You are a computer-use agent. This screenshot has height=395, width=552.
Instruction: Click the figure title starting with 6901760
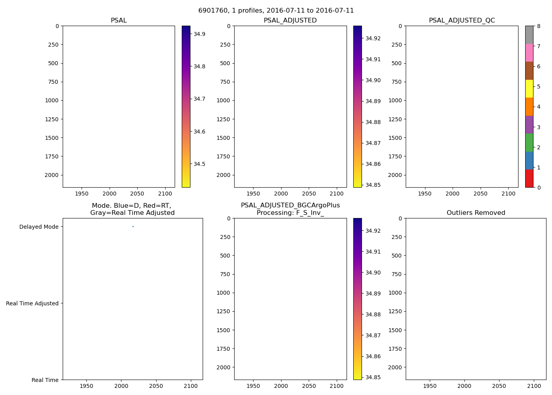276,11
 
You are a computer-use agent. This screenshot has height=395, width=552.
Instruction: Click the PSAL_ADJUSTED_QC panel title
462,21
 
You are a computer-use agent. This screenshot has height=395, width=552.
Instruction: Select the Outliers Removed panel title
476,213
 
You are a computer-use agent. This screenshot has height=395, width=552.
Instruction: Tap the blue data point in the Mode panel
133,226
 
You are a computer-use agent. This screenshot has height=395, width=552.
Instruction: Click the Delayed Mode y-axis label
39,227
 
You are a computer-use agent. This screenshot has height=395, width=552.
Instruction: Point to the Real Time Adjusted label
32,303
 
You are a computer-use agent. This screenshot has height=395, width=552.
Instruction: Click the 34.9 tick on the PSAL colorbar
199,34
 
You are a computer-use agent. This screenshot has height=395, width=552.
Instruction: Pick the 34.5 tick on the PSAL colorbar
199,164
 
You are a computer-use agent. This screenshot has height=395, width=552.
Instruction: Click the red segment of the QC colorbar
529,179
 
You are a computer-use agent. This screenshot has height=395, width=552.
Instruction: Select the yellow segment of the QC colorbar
529,88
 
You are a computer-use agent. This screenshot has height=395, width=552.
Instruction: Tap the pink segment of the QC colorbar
529,53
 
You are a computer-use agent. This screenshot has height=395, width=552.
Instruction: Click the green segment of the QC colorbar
529,143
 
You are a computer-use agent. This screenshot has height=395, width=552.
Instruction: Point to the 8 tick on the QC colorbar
539,26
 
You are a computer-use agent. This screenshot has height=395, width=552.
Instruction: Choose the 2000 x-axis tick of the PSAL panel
109,194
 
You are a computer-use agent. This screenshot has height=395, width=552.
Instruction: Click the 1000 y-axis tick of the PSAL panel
51,100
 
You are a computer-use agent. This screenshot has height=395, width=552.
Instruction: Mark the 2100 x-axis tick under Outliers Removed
534,386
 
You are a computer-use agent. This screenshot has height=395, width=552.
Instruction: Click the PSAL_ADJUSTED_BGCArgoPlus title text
290,205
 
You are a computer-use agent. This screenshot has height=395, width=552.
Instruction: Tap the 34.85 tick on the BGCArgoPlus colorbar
373,377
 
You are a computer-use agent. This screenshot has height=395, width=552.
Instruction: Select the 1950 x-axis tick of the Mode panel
86,386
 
